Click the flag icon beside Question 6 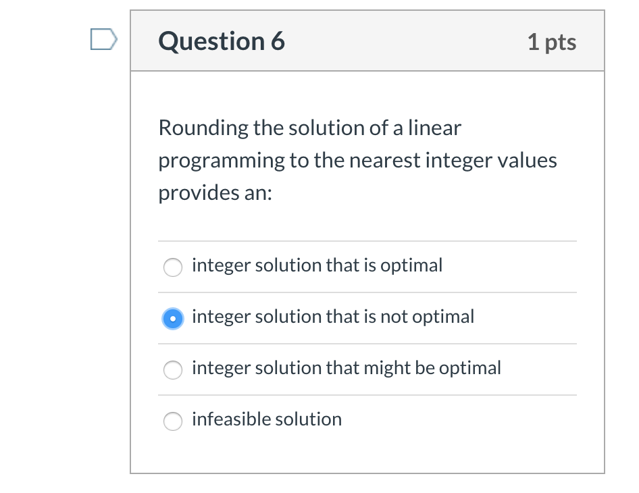coord(103,40)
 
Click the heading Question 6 coord(222,42)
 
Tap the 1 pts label coord(552,43)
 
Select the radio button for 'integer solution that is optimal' coord(173,267)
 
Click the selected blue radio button coord(173,318)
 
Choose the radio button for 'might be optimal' coord(173,369)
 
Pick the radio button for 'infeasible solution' coord(173,421)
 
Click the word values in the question coord(530,161)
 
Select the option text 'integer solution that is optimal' coord(317,265)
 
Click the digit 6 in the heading coord(277,42)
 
